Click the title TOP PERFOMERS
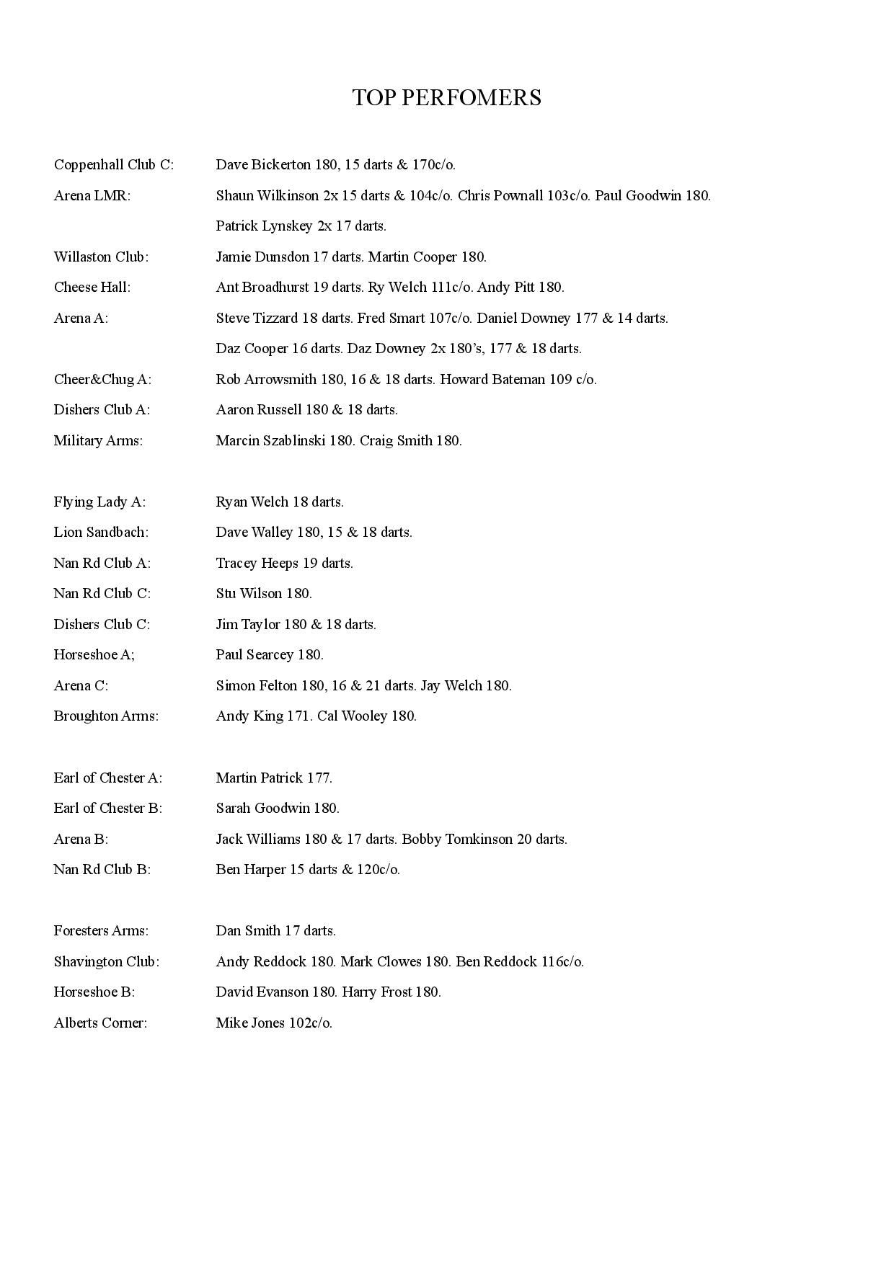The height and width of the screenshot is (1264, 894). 446,98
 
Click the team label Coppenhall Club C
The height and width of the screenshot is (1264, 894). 113,165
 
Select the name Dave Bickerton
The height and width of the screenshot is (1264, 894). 263,165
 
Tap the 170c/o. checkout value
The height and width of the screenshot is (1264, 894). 433,165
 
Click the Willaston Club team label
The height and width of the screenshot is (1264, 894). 101,257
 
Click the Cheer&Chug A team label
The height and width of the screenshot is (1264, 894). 102,380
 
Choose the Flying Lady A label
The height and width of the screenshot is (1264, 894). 99,502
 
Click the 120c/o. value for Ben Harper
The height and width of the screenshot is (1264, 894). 378,870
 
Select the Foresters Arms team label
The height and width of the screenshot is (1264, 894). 101,931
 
